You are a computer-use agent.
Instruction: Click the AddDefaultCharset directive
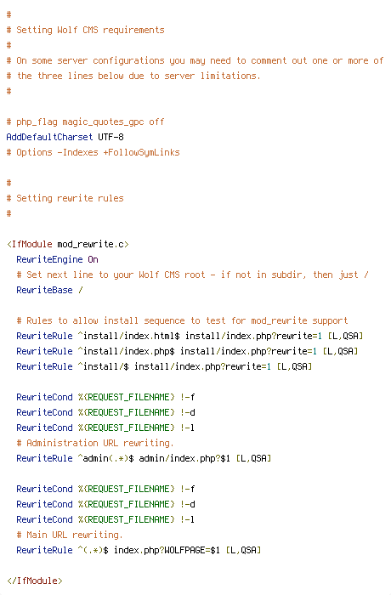(x=49, y=137)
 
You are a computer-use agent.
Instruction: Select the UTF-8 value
(x=110, y=137)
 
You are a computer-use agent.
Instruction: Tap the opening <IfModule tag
(x=30, y=244)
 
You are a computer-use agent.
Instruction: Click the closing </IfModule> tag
(x=35, y=581)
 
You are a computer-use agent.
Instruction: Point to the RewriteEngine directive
(x=49, y=259)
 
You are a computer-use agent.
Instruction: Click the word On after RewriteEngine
(x=93, y=259)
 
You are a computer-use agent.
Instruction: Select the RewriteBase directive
(x=44, y=290)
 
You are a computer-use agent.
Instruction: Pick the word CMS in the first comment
(x=90, y=30)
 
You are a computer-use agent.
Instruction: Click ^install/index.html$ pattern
(x=128, y=336)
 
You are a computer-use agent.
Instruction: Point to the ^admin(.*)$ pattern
(x=106, y=458)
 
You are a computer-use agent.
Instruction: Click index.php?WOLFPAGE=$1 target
(x=167, y=550)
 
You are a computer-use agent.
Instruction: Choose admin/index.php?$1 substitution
(x=184, y=458)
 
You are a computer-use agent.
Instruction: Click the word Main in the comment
(x=37, y=535)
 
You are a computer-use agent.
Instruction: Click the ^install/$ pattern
(x=103, y=366)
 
